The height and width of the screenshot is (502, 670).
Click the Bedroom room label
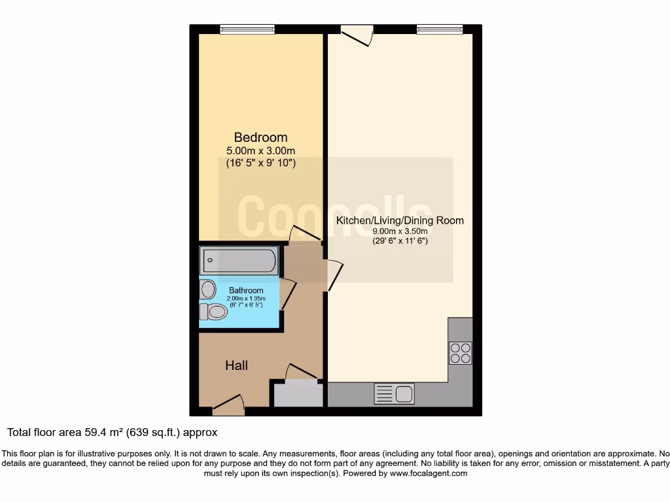(x=260, y=137)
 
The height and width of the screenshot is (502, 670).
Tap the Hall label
(x=236, y=365)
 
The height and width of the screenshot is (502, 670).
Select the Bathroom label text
(x=246, y=290)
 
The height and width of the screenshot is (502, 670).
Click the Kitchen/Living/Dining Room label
(x=400, y=220)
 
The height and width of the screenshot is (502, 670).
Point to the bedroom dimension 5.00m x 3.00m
(x=260, y=150)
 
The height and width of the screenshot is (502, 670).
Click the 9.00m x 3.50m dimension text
(x=400, y=231)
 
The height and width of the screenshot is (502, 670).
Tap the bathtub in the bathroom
(x=239, y=261)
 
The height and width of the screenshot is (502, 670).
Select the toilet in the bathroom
(x=213, y=312)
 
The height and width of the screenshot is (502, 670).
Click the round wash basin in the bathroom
(x=209, y=288)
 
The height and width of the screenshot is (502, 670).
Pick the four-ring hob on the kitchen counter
(x=460, y=353)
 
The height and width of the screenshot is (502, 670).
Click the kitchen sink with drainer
(x=394, y=394)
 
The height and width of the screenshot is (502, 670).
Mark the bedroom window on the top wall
(x=247, y=29)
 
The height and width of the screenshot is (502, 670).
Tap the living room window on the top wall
(x=439, y=29)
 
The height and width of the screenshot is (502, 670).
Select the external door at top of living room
(x=357, y=35)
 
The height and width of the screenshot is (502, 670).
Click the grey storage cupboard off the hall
(x=297, y=394)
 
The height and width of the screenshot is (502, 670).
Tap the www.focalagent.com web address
(x=429, y=473)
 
